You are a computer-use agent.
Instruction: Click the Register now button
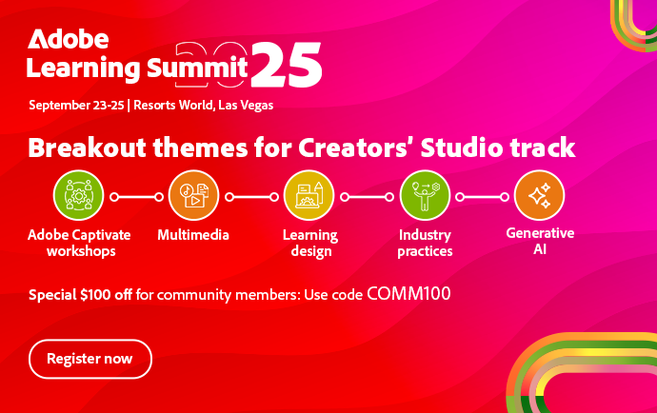pos(90,359)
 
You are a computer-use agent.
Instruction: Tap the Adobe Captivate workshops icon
pos(78,195)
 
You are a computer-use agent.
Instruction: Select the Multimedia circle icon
pos(193,195)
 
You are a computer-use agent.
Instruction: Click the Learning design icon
pos(309,195)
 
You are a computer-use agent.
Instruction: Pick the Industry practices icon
pos(425,195)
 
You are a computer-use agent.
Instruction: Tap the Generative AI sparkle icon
pos(539,195)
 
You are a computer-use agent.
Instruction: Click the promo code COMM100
pos(408,294)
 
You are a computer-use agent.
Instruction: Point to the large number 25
pos(287,65)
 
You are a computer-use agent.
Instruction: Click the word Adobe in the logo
pos(69,39)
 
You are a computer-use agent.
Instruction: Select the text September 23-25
pos(76,105)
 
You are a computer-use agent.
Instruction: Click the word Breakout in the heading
pos(88,147)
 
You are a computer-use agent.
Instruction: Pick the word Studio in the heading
pos(461,147)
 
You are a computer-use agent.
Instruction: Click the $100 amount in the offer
pos(95,294)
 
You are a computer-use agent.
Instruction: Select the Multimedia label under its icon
pos(193,234)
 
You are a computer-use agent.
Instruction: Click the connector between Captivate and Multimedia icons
pos(136,197)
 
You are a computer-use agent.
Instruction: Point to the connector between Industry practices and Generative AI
pos(482,197)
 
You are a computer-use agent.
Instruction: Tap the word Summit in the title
pos(197,68)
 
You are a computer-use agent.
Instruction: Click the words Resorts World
pos(174,105)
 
